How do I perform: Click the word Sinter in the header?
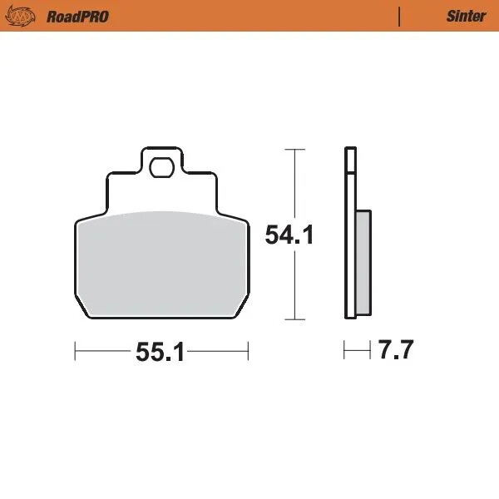(467, 17)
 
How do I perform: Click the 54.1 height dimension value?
(289, 235)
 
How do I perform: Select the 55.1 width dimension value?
(160, 353)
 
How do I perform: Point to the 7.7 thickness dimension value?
(396, 351)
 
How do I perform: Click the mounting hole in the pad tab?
(161, 169)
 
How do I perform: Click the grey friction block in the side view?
(363, 261)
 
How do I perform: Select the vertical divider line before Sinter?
(400, 17)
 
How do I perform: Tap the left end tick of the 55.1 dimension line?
(76, 352)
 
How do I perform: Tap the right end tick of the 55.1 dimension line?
(248, 352)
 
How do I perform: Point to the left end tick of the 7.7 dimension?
(344, 351)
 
